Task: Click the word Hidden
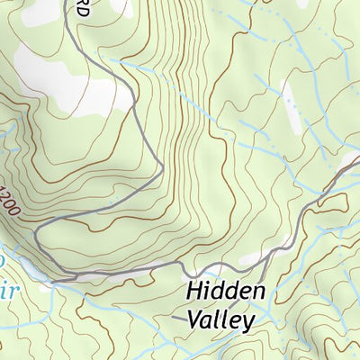click(226, 292)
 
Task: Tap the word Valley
click(220, 319)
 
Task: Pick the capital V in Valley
click(195, 319)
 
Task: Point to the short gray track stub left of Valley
click(177, 318)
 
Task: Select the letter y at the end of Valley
click(248, 322)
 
